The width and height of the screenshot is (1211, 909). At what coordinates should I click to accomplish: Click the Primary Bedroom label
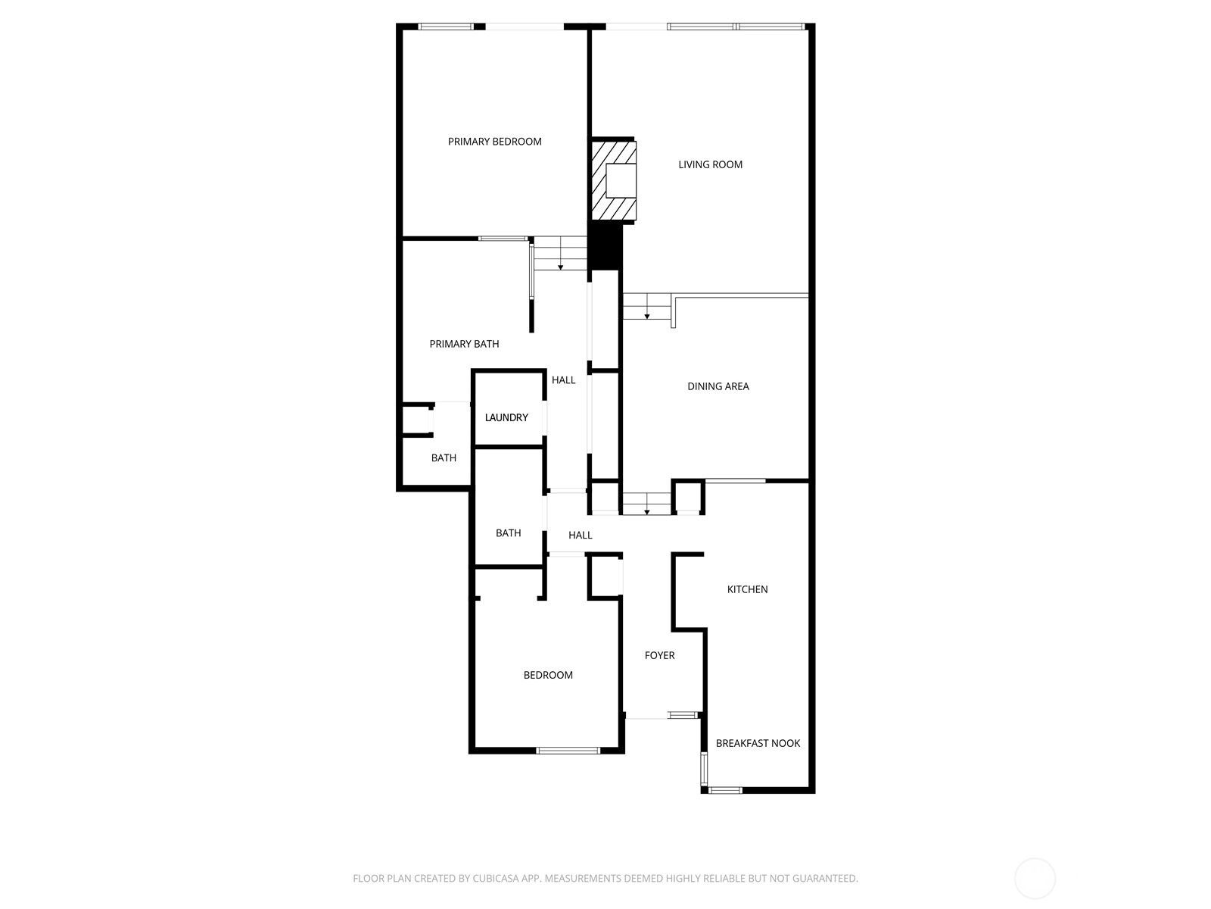(x=494, y=142)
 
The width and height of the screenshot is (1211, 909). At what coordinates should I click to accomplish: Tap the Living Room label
(x=710, y=164)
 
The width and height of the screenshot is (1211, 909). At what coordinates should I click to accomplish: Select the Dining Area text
(x=718, y=386)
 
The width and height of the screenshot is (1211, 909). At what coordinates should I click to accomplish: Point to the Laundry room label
(x=506, y=418)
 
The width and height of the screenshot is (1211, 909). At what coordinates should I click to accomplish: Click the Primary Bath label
(x=464, y=345)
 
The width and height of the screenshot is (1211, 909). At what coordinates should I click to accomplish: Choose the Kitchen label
(x=747, y=589)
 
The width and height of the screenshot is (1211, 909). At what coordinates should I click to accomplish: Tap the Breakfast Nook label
(x=758, y=743)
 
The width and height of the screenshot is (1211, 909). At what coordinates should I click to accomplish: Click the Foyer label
(x=659, y=656)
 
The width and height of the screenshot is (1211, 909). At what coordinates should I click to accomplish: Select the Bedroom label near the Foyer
(x=548, y=675)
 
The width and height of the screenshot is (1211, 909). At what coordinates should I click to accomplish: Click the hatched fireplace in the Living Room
(x=614, y=180)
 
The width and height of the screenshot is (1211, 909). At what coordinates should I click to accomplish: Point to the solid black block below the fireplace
(x=605, y=246)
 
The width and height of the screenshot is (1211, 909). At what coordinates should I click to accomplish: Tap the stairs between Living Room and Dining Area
(x=646, y=306)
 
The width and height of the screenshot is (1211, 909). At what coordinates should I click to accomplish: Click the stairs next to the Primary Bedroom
(x=560, y=253)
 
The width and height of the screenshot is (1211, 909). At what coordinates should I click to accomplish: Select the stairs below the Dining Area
(x=646, y=503)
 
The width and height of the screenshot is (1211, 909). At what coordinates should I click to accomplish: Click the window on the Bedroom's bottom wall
(x=568, y=750)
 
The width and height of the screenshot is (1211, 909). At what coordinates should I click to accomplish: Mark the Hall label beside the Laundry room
(x=563, y=380)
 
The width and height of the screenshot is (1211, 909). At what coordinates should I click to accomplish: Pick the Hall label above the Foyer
(x=580, y=536)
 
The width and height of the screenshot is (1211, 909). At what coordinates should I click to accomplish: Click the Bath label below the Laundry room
(x=508, y=533)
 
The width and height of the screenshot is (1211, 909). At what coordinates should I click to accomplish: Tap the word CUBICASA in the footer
(x=496, y=878)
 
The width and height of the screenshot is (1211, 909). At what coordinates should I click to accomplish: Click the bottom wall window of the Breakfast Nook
(x=725, y=790)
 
